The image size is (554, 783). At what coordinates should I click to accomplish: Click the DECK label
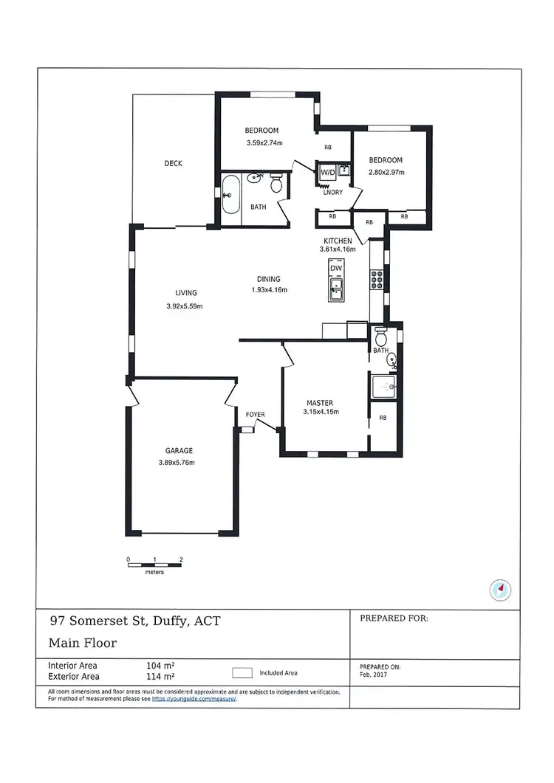coord(173,164)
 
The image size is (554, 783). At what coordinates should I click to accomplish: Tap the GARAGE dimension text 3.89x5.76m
coord(176,463)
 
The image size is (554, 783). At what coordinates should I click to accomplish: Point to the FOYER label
coord(255,415)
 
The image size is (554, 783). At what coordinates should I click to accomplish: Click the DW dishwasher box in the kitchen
coord(336,269)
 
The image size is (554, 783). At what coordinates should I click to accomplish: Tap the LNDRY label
coord(332,193)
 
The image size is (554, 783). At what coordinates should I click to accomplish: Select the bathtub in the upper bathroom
coord(231,195)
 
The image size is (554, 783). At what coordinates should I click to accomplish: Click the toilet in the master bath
coord(381,337)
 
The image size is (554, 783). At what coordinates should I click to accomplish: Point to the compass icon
coord(501,589)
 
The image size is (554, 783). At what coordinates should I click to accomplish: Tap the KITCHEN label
coord(338,241)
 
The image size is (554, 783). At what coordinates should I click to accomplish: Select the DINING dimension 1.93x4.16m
coord(269,290)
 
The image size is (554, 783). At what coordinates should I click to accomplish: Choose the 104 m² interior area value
coord(160,665)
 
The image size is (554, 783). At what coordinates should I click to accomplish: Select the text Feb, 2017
coord(374,674)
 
